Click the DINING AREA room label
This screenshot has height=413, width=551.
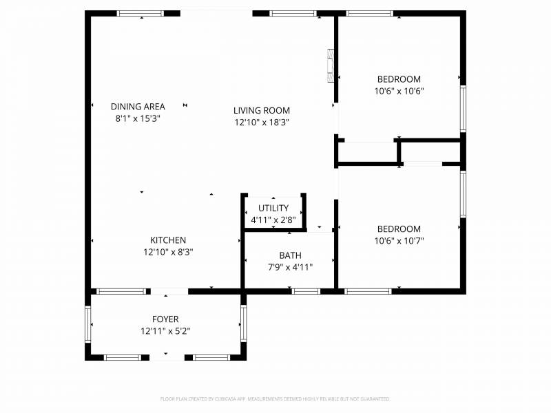(138, 107)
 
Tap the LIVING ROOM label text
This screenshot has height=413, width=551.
(261, 110)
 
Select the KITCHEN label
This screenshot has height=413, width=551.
(168, 240)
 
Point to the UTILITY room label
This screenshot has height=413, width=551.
(273, 209)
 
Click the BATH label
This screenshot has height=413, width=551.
(290, 255)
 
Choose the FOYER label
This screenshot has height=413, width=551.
(165, 319)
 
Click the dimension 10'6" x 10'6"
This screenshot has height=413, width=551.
(398, 91)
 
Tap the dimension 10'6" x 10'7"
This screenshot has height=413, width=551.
(398, 241)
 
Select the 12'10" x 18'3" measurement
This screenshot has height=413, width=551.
(261, 123)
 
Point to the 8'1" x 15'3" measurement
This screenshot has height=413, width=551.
(138, 118)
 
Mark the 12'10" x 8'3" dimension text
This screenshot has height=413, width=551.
(168, 252)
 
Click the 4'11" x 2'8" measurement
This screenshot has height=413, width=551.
(273, 220)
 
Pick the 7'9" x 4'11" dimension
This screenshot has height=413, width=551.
(290, 267)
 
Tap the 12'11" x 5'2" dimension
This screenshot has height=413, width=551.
(165, 331)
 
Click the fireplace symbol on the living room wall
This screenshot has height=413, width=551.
(331, 65)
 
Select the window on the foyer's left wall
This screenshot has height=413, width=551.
(88, 324)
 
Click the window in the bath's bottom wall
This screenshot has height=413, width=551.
(306, 291)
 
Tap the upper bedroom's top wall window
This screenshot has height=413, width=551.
(369, 13)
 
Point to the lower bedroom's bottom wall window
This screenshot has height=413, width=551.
(368, 291)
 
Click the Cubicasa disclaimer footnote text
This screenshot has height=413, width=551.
(275, 399)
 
